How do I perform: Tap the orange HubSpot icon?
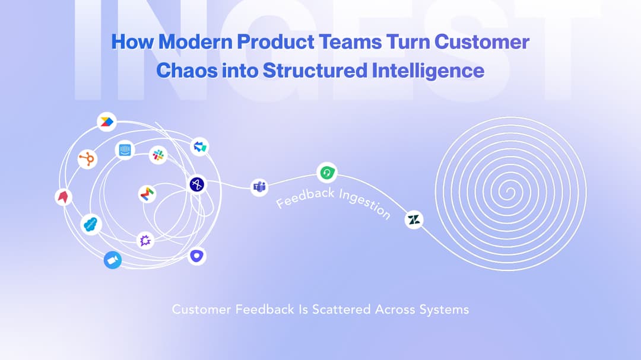point(87,159)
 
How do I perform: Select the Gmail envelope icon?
point(147,193)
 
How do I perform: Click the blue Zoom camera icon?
point(112,260)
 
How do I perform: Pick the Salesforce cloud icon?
point(91,224)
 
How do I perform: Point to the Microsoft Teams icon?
point(259,187)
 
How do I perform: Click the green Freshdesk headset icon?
point(326,173)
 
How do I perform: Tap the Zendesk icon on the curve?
point(414,220)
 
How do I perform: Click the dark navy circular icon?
point(197,184)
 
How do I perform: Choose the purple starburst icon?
point(145,240)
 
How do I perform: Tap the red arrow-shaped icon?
point(64,197)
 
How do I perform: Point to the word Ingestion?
point(364,203)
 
